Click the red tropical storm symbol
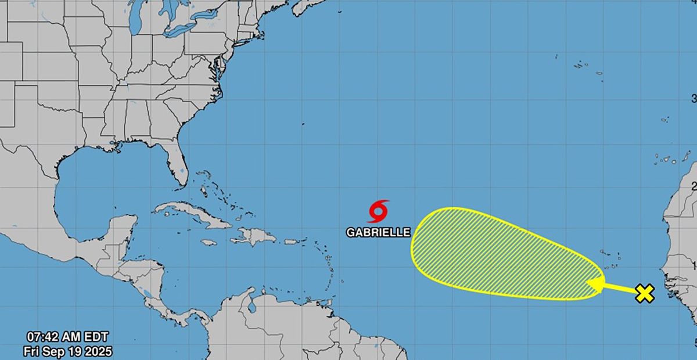[x=378, y=211]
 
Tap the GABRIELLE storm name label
[x=378, y=232]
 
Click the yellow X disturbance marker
[x=644, y=294]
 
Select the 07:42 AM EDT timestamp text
[x=67, y=337]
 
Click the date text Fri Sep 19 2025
[x=67, y=351]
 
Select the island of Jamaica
[x=209, y=242]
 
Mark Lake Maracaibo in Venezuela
[x=252, y=306]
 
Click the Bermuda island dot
[x=303, y=124]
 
